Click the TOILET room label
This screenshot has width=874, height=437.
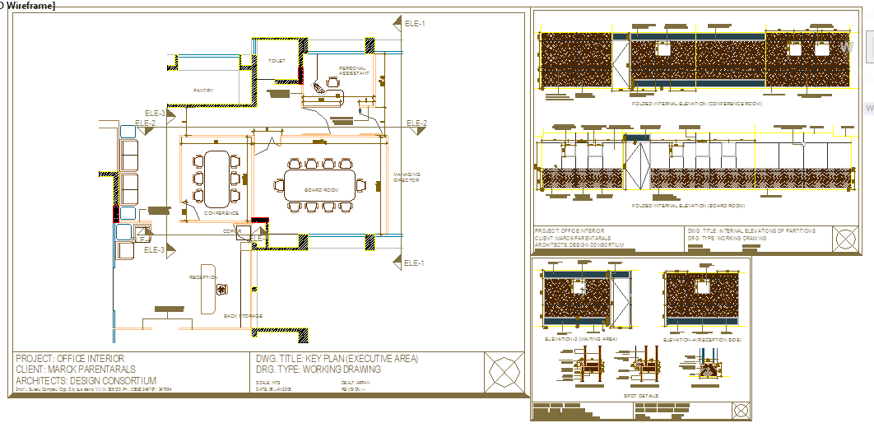coord(277,61)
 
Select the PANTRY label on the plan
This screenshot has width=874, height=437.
coord(203,91)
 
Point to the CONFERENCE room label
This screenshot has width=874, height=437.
coord(221,213)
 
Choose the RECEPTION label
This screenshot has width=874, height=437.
coord(203,277)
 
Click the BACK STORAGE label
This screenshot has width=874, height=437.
coord(243,315)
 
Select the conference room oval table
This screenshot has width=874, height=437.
coord(217,177)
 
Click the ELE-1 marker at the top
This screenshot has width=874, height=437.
coord(415,24)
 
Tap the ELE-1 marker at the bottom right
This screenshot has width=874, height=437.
coord(415,263)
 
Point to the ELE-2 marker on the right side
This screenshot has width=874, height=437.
coord(416,123)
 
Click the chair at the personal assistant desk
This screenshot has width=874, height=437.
coord(332,81)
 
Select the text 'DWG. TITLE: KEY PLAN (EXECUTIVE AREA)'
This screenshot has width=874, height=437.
coord(337,359)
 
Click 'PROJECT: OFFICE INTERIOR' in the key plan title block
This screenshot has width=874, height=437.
coord(70,359)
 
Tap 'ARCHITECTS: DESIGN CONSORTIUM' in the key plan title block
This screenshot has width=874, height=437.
coord(86,380)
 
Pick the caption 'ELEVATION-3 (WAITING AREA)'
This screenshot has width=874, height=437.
coord(580,338)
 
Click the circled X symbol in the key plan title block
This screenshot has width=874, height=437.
coord(504,371)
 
